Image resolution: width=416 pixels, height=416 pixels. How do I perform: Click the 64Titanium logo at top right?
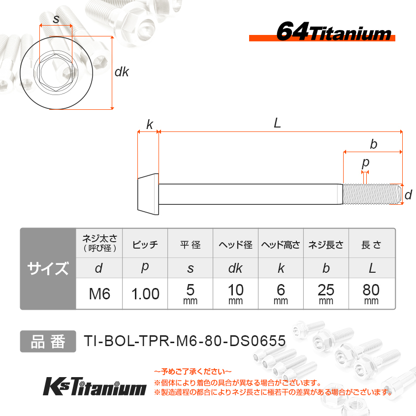point(322,32)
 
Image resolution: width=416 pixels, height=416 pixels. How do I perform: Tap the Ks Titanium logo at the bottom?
point(95,386)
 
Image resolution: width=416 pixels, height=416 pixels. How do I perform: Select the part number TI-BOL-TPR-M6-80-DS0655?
point(185,341)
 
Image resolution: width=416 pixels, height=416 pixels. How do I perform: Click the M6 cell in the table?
point(99,294)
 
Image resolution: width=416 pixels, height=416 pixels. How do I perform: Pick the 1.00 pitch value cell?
point(145,294)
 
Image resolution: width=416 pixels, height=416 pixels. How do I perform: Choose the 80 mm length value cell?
point(371,294)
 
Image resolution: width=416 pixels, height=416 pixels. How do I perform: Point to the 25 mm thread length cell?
point(326,294)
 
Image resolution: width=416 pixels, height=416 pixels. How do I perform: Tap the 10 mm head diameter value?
point(236,294)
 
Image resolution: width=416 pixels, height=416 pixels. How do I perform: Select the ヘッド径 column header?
point(236,244)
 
